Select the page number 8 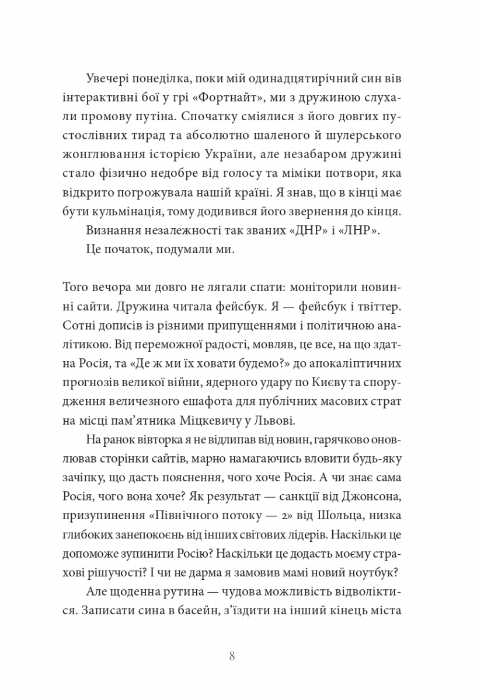(x=232, y=657)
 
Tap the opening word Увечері (x=110, y=78)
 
